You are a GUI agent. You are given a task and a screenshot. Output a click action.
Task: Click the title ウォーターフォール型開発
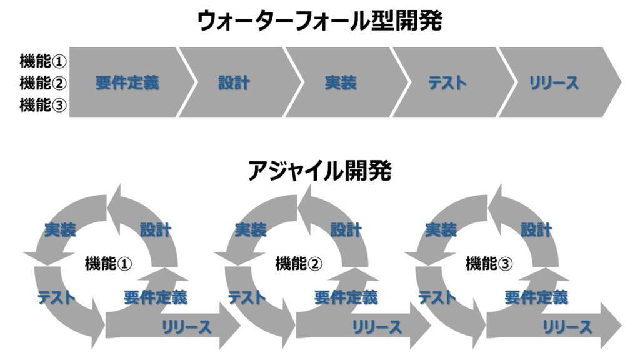pos(319,22)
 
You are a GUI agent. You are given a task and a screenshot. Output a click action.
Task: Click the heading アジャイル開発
pos(319,170)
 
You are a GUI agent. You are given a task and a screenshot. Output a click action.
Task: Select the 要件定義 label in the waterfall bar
pos(127,82)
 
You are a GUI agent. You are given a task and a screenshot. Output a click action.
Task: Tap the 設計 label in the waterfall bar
pos(234,82)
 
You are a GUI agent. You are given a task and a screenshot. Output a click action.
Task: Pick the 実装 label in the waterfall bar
pos(341,82)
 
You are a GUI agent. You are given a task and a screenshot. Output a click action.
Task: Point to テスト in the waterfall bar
pos(447,82)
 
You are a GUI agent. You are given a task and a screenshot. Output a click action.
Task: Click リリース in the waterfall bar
pos(554,82)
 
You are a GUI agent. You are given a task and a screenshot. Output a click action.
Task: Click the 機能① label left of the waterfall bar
pos(43,61)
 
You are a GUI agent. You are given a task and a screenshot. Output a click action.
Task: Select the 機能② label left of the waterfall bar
pos(43,82)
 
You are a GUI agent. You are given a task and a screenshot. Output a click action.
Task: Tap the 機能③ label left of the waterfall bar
pos(43,104)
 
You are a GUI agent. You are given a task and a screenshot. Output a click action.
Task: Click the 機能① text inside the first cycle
pos(108,264)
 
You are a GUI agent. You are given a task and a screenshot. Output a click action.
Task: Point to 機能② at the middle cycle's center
pos(299,264)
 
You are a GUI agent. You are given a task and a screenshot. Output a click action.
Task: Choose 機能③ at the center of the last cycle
pos(489,264)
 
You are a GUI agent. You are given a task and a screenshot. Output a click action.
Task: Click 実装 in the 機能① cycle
pos(60,230)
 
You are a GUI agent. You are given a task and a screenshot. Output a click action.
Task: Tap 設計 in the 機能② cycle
pos(346,230)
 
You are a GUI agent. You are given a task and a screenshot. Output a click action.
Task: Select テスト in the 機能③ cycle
pos(437,297)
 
